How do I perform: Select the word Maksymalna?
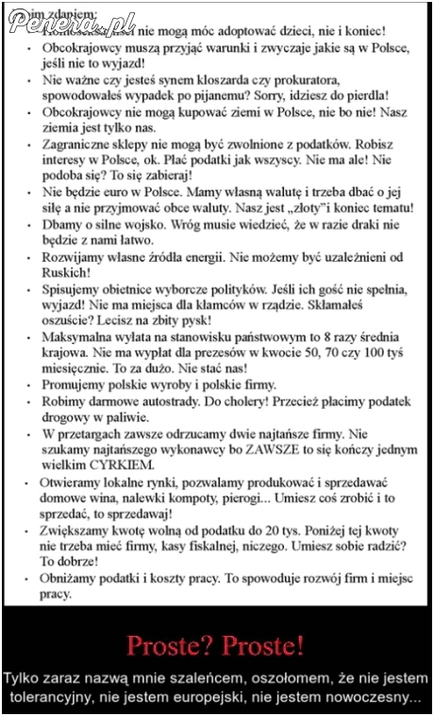(82, 336)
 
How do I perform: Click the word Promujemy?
(75, 384)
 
